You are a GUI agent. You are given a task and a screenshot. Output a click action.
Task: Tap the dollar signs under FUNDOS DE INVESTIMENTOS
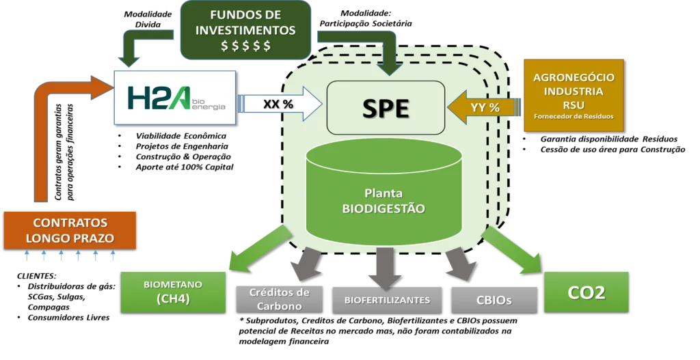click(x=245, y=46)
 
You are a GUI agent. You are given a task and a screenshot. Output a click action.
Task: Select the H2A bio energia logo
click(x=175, y=96)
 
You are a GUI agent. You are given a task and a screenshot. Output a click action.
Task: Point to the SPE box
click(x=386, y=108)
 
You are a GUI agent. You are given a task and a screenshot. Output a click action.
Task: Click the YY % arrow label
click(x=485, y=108)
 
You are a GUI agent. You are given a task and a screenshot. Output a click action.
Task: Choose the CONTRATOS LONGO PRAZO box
click(x=70, y=230)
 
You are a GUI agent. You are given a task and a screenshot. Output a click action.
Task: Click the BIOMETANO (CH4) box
click(x=173, y=292)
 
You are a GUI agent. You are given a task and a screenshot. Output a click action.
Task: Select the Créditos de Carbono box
click(x=279, y=299)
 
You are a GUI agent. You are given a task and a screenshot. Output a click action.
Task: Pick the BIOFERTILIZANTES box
click(x=387, y=299)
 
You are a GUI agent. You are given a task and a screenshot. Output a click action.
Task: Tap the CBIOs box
click(x=493, y=299)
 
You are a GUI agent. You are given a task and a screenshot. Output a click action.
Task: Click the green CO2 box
click(x=586, y=292)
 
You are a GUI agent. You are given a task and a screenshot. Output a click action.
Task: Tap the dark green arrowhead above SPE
click(x=391, y=66)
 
